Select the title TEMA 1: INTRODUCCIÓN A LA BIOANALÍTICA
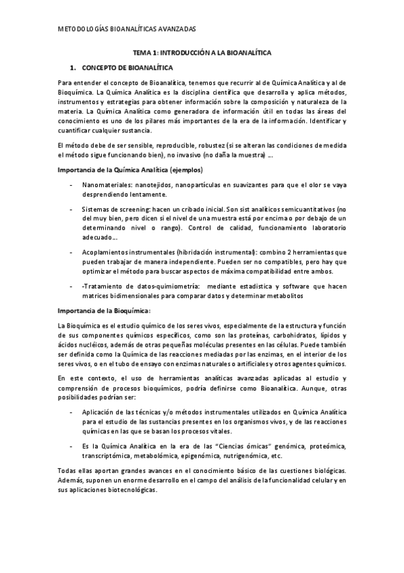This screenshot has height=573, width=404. click(x=202, y=52)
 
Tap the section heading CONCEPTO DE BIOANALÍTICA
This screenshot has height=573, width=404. click(x=127, y=68)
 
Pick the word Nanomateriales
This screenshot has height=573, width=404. click(x=108, y=184)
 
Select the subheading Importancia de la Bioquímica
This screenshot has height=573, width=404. click(x=105, y=311)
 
